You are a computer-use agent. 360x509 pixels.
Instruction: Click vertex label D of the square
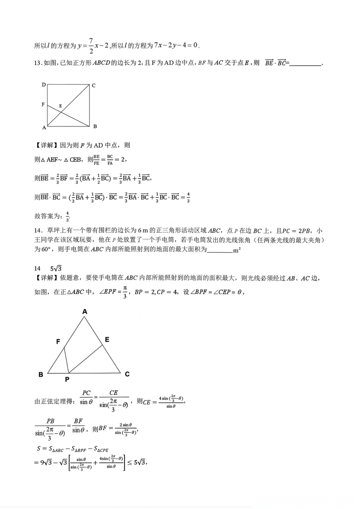click(x=44, y=85)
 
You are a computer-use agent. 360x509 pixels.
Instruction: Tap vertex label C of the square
click(x=94, y=86)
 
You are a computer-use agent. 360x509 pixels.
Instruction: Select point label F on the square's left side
click(x=43, y=104)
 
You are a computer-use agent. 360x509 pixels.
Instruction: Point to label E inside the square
click(x=61, y=106)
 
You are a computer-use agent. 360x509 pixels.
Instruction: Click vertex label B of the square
click(x=95, y=126)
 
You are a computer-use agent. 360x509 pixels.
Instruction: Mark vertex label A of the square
click(x=44, y=128)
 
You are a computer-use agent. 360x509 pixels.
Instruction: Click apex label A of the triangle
click(x=85, y=311)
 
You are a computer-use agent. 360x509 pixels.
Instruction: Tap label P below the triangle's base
click(x=67, y=379)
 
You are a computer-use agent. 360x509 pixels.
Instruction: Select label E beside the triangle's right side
click(x=107, y=339)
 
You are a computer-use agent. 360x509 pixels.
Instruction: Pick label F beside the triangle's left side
click(x=58, y=341)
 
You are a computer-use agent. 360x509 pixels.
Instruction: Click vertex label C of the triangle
click(x=127, y=374)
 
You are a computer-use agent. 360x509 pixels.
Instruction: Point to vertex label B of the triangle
click(x=41, y=374)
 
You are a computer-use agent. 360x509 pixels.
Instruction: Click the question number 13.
click(x=37, y=63)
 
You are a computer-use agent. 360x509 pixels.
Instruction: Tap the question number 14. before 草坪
click(x=38, y=231)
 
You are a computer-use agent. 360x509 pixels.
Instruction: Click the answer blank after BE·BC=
click(x=305, y=63)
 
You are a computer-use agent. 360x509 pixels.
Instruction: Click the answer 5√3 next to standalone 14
click(x=56, y=268)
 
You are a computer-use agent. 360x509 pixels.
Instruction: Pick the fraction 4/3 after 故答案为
click(x=67, y=216)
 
